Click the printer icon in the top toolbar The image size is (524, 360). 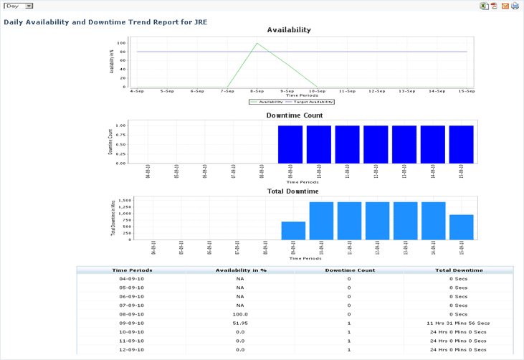[515, 6]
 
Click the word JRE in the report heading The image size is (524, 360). [201, 22]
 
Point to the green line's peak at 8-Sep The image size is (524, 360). [257, 43]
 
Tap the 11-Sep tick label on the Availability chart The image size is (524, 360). [347, 91]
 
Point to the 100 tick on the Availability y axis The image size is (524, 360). [123, 43]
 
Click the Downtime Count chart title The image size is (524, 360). [294, 115]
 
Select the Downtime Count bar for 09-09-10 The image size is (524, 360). [290, 144]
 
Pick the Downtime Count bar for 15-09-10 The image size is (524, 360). [461, 144]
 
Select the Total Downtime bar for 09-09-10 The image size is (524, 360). [293, 230]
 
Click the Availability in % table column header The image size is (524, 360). [241, 270]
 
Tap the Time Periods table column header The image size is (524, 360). [132, 270]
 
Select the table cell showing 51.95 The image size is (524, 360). [240, 323]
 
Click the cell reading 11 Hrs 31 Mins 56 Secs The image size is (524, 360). [459, 323]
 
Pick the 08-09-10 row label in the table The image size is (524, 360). [132, 314]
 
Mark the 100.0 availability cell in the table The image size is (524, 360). [240, 314]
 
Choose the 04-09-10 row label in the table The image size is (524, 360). [132, 279]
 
